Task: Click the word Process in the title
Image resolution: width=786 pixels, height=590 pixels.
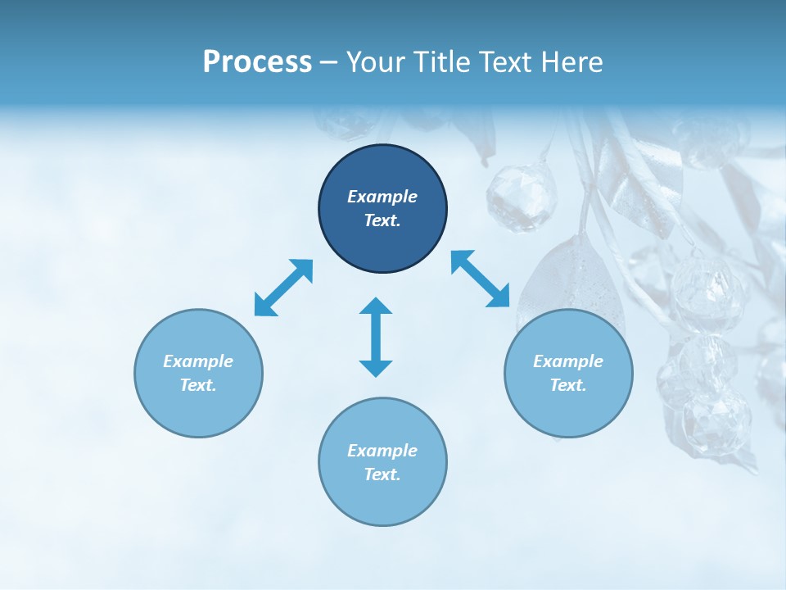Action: click(257, 62)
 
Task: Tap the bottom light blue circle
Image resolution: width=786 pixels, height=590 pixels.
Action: click(382, 496)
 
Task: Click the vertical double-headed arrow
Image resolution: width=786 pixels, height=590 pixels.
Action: click(376, 337)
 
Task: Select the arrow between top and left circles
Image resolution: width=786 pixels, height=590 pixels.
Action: click(283, 288)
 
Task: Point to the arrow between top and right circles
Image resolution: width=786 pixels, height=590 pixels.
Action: click(481, 279)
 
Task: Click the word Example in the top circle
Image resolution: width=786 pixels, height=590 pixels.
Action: click(382, 197)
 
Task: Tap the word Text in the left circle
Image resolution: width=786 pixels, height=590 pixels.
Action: click(198, 385)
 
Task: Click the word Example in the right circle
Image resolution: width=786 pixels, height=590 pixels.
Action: click(568, 361)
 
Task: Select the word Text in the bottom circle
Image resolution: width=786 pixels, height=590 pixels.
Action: click(382, 474)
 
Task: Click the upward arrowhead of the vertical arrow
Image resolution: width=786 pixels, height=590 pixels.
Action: click(376, 306)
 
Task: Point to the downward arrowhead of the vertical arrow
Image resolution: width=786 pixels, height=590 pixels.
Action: click(376, 368)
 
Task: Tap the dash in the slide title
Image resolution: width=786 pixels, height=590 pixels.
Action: click(328, 62)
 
